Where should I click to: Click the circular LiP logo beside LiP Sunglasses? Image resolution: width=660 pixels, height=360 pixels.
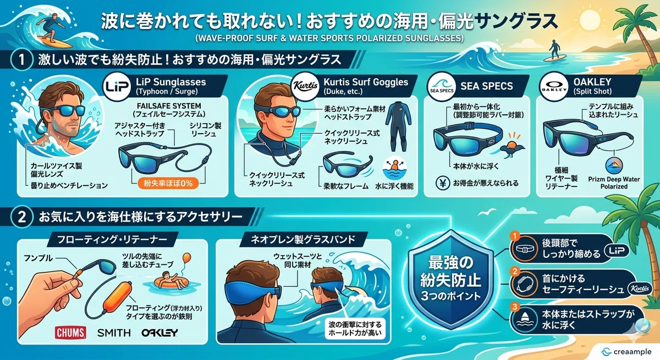click(117, 86)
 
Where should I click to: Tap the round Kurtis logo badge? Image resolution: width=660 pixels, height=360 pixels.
click(305, 86)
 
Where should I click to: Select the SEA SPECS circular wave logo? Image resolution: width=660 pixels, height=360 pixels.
click(441, 86)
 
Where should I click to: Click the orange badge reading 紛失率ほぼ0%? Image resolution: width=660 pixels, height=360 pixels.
click(168, 184)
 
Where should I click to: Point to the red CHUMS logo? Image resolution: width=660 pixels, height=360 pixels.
click(70, 333)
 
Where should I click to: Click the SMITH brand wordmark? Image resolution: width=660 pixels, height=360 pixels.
click(114, 333)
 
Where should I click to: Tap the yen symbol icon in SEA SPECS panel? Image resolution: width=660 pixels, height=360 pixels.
click(442, 183)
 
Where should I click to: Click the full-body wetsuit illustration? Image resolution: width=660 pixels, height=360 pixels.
click(398, 126)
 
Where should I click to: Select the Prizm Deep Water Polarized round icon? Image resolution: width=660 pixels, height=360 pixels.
click(614, 166)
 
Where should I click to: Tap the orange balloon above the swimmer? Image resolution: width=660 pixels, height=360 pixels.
click(187, 258)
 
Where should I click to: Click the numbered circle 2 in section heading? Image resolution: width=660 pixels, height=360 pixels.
click(22, 217)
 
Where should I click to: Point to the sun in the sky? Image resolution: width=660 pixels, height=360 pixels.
click(590, 18)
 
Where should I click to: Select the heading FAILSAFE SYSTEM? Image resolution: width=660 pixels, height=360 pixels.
click(169, 106)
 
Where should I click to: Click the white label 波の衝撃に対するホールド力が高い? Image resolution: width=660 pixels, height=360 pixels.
click(355, 329)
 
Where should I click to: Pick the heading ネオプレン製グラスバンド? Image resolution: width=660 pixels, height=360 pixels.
click(303, 239)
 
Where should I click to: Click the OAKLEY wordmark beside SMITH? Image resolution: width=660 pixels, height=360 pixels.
click(159, 333)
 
